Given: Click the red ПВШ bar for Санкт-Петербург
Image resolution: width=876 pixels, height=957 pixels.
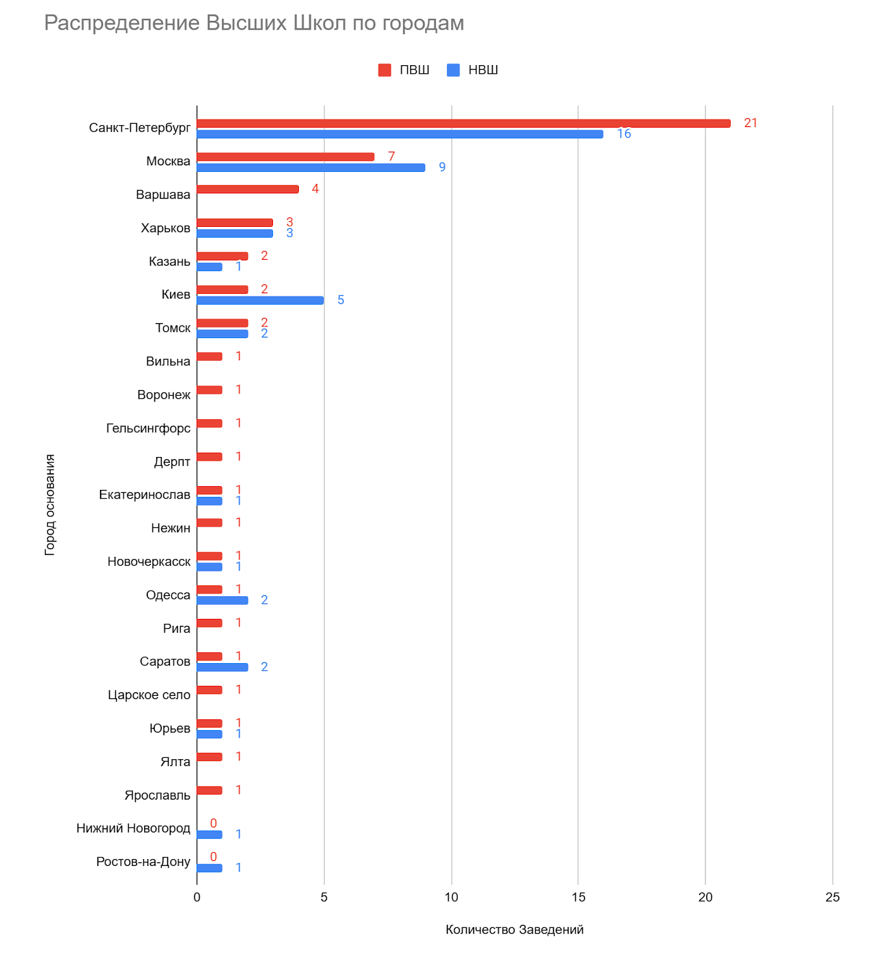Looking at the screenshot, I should click(463, 123).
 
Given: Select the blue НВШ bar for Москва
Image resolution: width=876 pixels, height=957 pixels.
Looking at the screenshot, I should click(311, 168).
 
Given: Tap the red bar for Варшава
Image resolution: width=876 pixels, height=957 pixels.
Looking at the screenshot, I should click(248, 189).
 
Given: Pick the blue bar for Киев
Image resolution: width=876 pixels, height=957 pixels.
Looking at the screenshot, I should click(260, 300).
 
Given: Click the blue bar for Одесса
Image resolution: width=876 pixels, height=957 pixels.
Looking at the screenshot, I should click(222, 600).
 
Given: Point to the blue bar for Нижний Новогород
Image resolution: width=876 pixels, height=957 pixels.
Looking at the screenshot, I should click(210, 834).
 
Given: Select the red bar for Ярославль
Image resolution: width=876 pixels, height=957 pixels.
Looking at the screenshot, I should click(210, 790).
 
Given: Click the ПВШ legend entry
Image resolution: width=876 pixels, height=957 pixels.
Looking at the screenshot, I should click(404, 70).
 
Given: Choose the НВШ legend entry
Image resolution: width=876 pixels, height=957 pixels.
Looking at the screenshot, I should click(473, 70).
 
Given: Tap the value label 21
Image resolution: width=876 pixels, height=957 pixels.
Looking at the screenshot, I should click(750, 123).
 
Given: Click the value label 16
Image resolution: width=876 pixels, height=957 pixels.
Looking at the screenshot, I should click(624, 134).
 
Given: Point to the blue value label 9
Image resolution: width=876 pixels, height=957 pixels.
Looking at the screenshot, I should click(442, 168).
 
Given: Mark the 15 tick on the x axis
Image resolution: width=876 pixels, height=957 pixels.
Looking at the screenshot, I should click(578, 898).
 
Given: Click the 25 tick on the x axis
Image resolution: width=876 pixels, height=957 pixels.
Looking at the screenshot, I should click(832, 898).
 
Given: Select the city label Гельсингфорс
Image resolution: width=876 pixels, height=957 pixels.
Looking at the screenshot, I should click(148, 429).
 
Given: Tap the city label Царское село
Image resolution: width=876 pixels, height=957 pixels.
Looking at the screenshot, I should click(149, 695).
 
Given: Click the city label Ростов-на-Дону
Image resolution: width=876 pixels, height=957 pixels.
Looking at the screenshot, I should click(143, 862).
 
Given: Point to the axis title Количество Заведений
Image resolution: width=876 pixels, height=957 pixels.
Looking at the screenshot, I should click(514, 930).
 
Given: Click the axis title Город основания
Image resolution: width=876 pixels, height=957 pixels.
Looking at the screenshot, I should click(50, 504).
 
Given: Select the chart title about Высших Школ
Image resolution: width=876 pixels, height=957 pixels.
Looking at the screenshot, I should click(254, 23).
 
